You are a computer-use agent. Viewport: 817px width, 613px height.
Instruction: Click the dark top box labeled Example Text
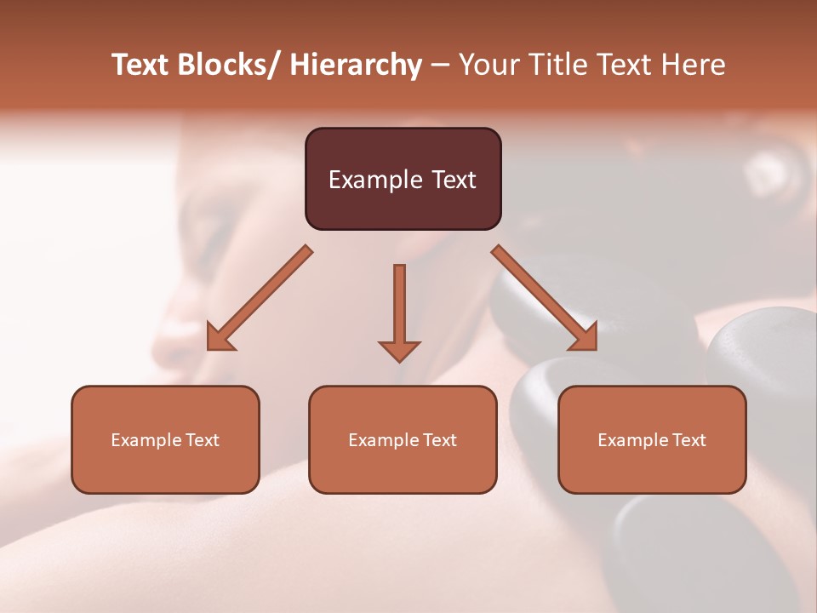coord(403,179)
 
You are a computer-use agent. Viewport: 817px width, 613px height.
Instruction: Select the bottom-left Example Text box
coord(165,439)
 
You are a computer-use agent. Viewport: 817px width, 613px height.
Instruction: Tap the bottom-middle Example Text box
coord(403,439)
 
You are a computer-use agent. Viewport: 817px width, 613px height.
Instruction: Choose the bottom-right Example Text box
coord(652,439)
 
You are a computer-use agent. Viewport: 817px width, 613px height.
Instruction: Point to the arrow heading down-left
coord(260,298)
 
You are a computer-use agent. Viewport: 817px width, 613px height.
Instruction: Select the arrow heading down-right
coord(545,298)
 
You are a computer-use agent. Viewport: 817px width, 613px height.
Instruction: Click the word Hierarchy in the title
coord(356,65)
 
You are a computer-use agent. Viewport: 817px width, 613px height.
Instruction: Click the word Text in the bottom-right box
coord(688,440)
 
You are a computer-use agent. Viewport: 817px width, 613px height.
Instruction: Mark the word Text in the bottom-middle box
coord(439,440)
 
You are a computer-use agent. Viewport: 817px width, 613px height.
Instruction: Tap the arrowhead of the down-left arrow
coord(220,339)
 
